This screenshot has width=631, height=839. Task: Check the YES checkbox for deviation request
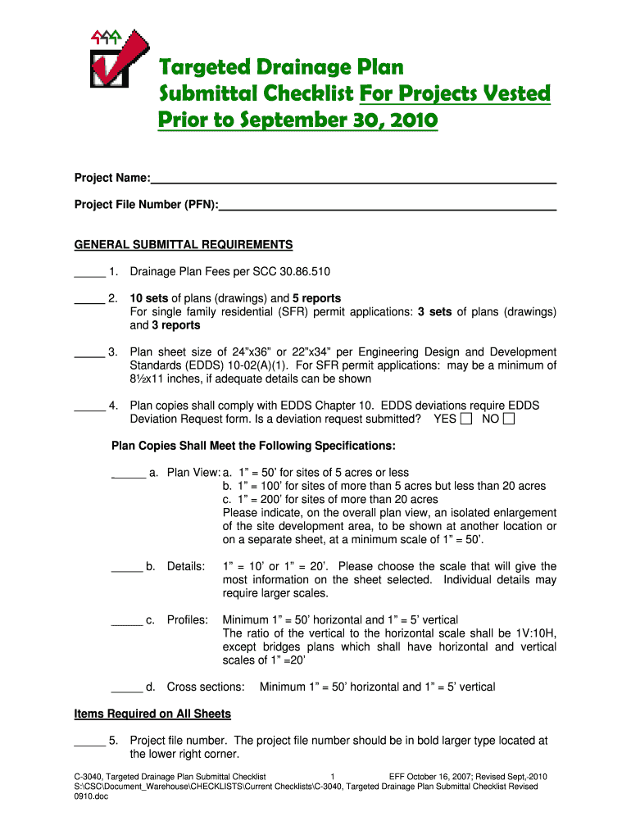click(466, 419)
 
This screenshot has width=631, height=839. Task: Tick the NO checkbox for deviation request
click(509, 419)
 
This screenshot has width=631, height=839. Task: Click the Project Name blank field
click(353, 178)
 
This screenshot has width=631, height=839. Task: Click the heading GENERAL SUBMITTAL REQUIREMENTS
click(184, 245)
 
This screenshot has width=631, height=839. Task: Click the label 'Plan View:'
click(193, 473)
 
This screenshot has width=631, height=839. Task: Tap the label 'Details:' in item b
click(186, 566)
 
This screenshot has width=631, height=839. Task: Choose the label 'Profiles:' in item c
click(188, 620)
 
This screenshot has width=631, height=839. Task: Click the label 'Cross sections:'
click(206, 687)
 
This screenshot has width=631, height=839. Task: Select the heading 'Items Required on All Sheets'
click(152, 714)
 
